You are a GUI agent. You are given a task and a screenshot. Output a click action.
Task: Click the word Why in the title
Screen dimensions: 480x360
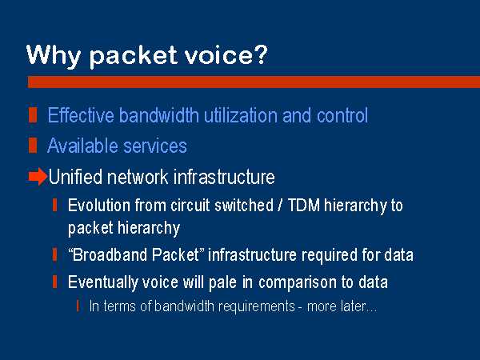[54, 55]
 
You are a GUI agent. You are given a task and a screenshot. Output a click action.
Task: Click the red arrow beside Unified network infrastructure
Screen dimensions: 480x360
[38, 177]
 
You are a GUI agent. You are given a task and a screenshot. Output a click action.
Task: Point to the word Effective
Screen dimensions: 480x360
[81, 115]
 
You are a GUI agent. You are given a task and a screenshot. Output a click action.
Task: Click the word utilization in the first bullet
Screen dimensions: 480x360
[240, 115]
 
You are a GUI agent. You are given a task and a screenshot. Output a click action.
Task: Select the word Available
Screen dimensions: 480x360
[82, 146]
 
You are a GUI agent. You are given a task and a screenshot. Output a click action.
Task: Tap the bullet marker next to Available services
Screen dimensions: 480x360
[33, 146]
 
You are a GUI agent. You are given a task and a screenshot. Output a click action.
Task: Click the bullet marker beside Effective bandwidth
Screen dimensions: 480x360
[33, 115]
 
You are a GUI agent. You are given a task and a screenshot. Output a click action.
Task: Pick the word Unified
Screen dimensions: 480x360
[75, 177]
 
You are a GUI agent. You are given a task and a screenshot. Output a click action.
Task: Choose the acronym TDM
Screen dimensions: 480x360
[304, 205]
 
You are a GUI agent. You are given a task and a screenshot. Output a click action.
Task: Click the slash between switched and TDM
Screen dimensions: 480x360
[280, 205]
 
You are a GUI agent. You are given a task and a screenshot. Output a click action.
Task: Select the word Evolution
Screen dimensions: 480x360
[99, 205]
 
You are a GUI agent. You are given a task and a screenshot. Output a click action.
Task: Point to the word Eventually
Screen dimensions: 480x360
[102, 282]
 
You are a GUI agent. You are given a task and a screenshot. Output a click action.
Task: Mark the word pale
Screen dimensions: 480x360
[222, 282]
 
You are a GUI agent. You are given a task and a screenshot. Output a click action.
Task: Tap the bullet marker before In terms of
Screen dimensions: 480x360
[78, 306]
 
